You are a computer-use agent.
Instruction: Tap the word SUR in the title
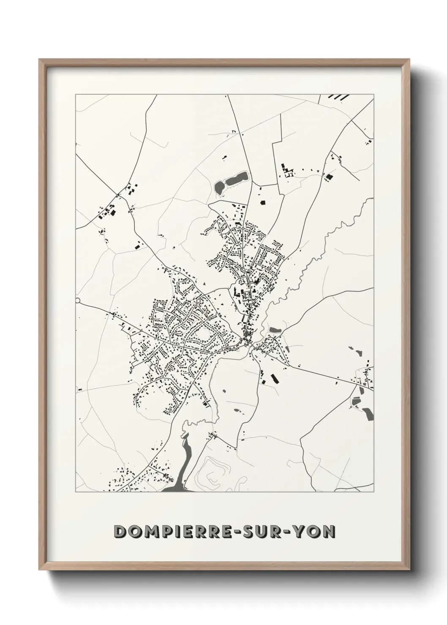point(267,531)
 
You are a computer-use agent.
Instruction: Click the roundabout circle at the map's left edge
point(78,300)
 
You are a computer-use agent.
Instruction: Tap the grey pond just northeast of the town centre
point(274,329)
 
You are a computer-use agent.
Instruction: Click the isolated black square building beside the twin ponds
point(262,203)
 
